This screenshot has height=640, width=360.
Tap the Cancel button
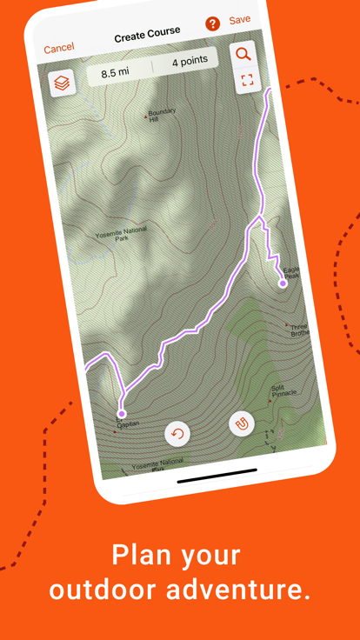(59, 49)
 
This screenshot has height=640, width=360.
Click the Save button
(239, 20)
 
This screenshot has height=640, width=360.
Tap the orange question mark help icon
(212, 24)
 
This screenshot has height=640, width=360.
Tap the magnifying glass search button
(243, 54)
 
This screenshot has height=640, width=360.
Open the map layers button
(63, 83)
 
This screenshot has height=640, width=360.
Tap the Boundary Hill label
(162, 116)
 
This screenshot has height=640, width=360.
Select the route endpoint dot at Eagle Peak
(283, 283)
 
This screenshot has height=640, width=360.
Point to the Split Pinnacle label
(283, 390)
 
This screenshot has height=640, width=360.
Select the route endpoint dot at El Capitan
(122, 414)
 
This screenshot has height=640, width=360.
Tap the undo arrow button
(178, 434)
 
